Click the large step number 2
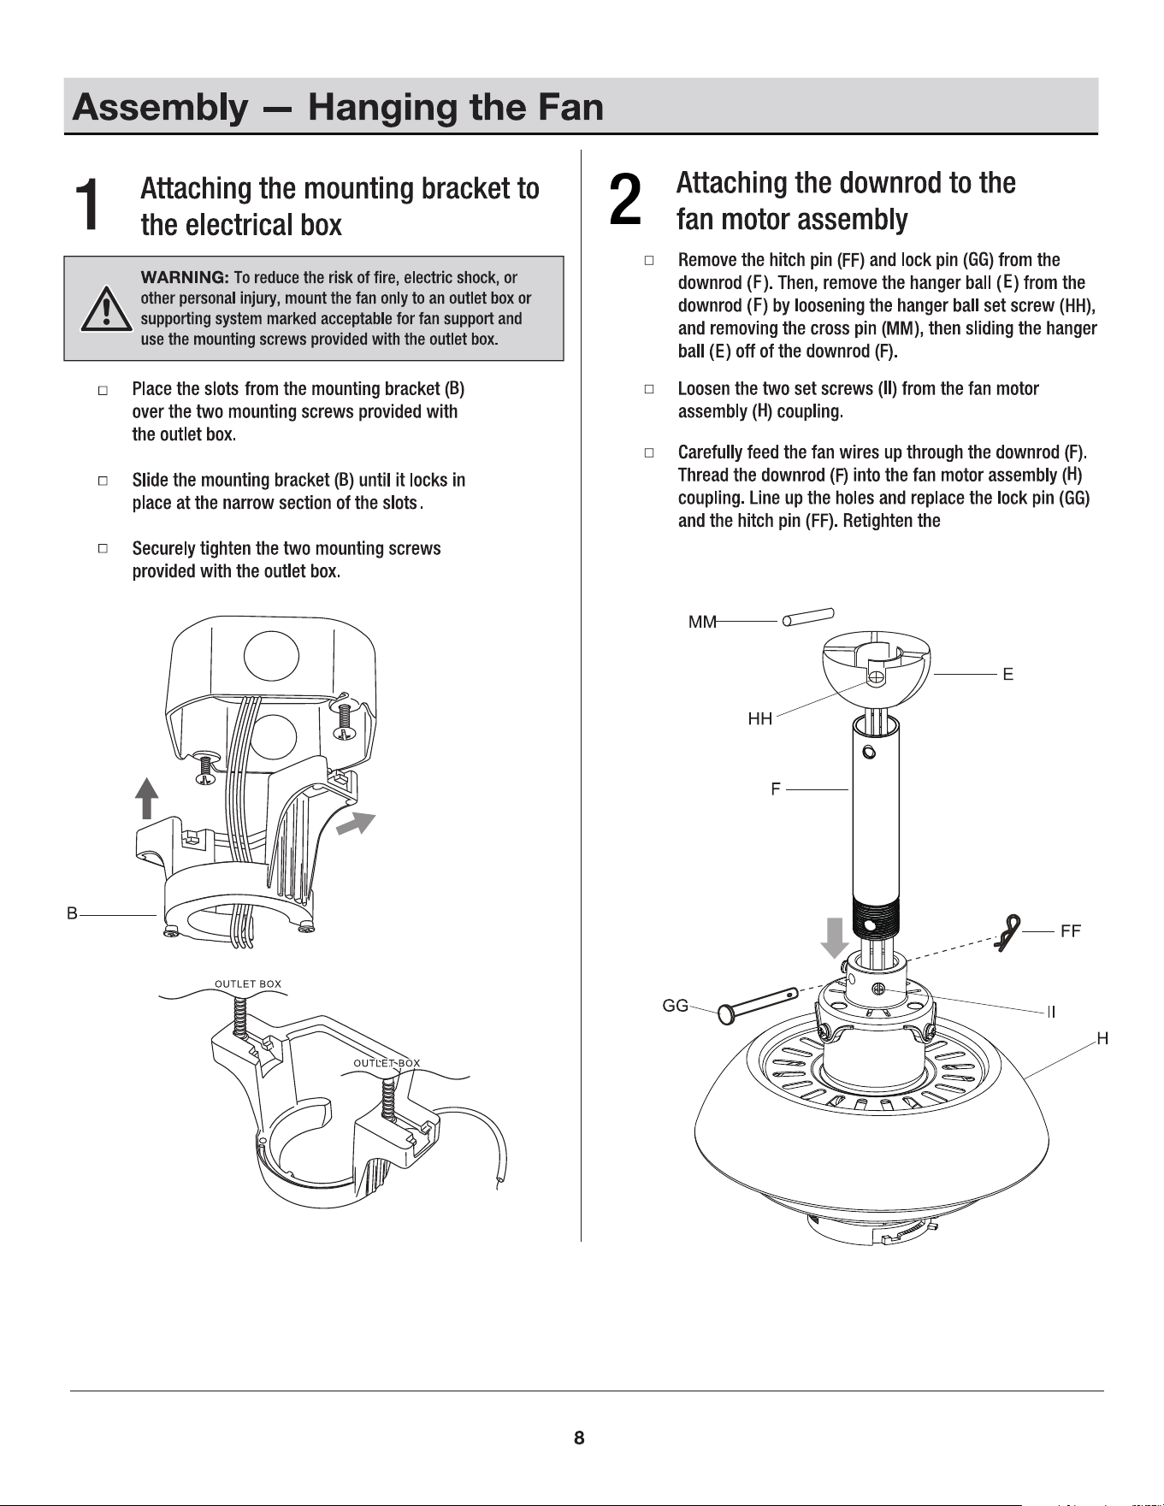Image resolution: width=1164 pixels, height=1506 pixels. (x=625, y=199)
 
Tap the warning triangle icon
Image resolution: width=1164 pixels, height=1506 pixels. (x=104, y=309)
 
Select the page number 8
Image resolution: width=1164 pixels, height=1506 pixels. (x=579, y=1438)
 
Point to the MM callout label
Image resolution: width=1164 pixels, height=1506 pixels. (x=703, y=623)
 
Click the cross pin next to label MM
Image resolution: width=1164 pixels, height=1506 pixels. (x=807, y=617)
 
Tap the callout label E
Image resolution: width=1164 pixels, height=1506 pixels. (x=1008, y=674)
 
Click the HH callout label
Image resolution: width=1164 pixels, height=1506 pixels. (x=759, y=719)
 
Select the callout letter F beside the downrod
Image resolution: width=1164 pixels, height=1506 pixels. (x=775, y=788)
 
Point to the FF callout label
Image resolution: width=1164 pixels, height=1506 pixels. (x=1070, y=931)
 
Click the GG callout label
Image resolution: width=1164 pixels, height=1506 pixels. (x=676, y=1006)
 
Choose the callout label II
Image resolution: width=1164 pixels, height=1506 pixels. (x=1051, y=1012)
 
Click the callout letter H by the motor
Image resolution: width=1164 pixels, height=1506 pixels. (x=1102, y=1038)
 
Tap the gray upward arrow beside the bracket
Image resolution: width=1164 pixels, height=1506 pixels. (x=148, y=798)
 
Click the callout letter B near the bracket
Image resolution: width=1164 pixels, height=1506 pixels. (x=73, y=913)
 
